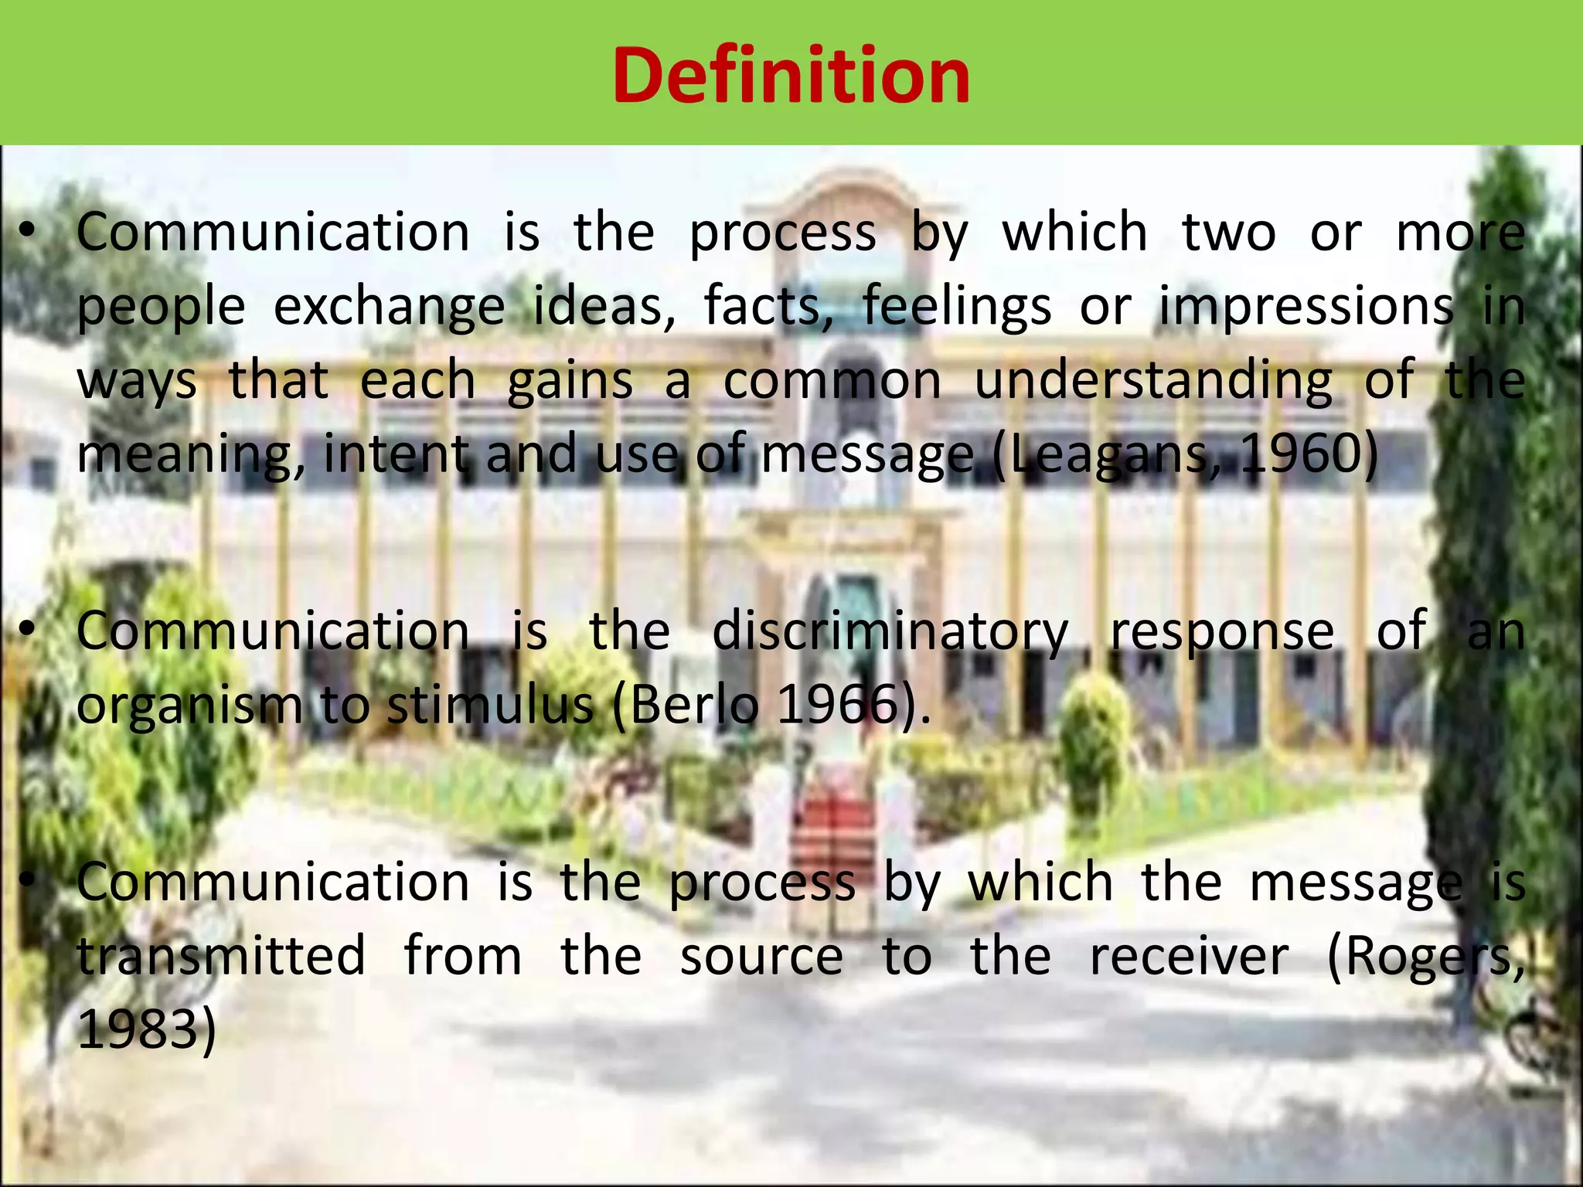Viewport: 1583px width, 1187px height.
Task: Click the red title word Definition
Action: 791,76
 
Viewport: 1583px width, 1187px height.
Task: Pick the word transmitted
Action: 222,956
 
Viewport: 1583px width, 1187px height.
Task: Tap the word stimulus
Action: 489,705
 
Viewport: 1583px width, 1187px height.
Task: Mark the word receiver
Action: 1190,956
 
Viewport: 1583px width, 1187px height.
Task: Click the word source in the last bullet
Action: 761,956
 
